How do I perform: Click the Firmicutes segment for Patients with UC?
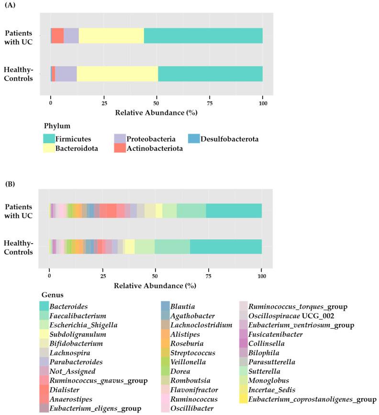pyautogui.click(x=203, y=36)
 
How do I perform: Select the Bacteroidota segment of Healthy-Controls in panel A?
pyautogui.click(x=117, y=74)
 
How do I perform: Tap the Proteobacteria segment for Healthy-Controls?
pyautogui.click(x=66, y=74)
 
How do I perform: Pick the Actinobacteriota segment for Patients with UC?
pyautogui.click(x=57, y=36)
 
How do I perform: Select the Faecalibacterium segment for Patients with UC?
pyautogui.click(x=191, y=211)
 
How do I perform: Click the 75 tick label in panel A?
pyautogui.click(x=210, y=103)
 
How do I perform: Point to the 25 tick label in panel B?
pyautogui.click(x=102, y=277)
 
